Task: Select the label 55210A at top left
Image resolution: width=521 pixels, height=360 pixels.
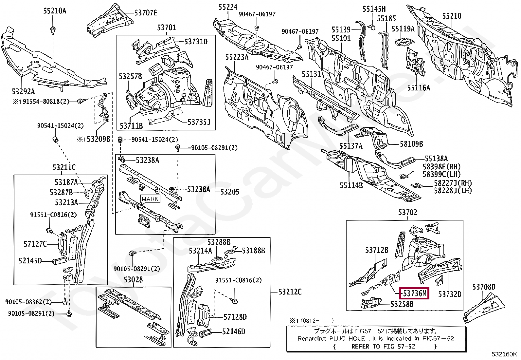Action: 55,11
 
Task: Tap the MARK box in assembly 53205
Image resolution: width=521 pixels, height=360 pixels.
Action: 150,199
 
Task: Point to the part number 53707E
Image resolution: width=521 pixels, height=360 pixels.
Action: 146,13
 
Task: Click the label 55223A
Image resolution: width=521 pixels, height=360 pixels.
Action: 237,58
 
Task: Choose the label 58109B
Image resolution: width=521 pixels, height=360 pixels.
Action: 411,143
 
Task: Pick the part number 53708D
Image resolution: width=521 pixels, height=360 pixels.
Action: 483,287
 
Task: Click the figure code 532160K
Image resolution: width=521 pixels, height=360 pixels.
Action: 504,354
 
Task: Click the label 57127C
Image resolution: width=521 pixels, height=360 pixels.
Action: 35,244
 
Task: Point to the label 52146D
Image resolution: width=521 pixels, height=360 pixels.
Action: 234,332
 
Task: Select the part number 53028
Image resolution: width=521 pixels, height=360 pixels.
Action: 133,280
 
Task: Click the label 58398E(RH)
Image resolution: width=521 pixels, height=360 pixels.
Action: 441,167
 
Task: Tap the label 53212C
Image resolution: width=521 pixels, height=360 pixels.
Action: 290,292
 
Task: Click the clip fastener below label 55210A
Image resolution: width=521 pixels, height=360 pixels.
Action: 53,31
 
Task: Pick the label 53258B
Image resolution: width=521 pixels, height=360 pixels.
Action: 402,304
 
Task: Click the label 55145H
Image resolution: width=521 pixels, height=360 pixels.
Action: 374,9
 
